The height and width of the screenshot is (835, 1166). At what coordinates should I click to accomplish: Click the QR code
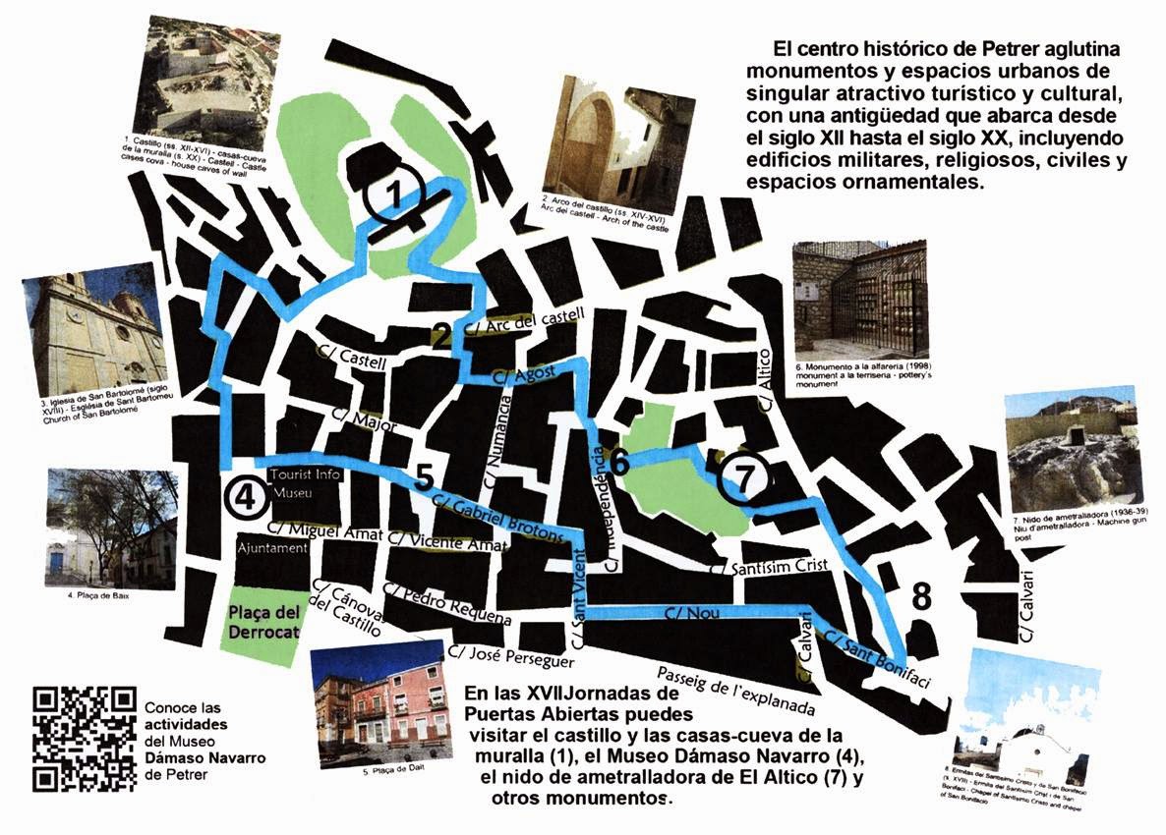pyautogui.click(x=84, y=739)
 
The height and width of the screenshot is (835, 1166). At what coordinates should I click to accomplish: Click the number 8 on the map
pyautogui.click(x=920, y=596)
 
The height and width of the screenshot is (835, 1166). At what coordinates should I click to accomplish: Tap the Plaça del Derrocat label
pyautogui.click(x=262, y=622)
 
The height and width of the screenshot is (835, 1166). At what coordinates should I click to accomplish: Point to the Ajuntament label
pyautogui.click(x=271, y=548)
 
